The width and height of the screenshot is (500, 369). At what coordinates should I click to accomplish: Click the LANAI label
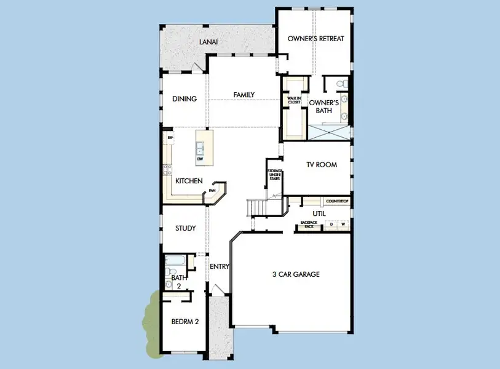(208, 42)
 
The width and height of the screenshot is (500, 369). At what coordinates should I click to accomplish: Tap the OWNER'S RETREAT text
(315, 39)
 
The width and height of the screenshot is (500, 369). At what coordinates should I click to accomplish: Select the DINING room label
(185, 98)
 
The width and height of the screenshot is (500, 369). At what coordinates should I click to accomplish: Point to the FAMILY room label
(244, 95)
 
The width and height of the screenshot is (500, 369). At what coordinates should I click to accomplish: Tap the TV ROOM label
(322, 165)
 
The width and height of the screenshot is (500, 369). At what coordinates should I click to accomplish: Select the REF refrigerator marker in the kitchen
(170, 138)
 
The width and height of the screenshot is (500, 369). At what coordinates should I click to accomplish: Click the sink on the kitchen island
(200, 148)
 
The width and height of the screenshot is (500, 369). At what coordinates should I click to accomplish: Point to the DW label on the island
(200, 159)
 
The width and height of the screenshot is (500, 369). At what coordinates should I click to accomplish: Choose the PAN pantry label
(212, 190)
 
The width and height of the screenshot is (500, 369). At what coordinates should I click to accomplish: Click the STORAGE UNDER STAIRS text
(274, 175)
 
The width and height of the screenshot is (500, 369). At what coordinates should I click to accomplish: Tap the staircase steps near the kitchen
(257, 208)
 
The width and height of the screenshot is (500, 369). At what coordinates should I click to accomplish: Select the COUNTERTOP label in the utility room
(337, 201)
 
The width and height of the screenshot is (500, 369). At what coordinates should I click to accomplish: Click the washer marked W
(343, 224)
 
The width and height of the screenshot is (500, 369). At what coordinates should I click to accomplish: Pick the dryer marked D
(331, 224)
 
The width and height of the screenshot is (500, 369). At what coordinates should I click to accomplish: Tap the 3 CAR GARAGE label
(296, 274)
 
